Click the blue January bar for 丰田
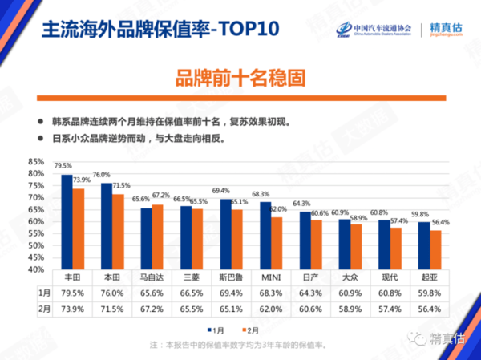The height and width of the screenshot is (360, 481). click(67, 222)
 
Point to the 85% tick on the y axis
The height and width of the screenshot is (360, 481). click(35, 161)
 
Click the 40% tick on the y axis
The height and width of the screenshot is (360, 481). click(35, 270)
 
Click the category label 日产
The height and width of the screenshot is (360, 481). click(309, 277)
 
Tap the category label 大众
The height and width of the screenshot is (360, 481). click(349, 277)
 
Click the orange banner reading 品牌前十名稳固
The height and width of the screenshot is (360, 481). click(240, 79)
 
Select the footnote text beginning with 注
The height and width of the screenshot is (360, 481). click(240, 346)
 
